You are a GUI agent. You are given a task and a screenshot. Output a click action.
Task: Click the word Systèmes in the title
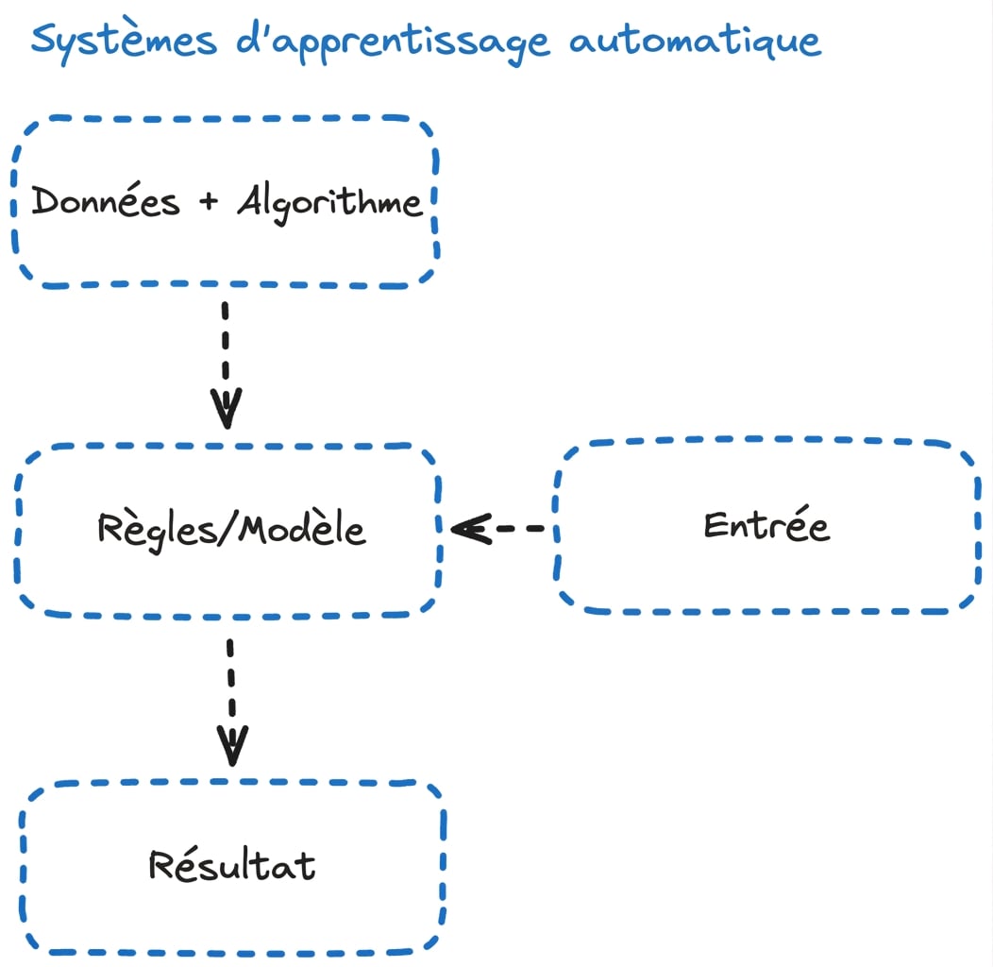[125, 42]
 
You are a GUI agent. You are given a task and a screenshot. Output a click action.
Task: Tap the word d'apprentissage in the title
[393, 42]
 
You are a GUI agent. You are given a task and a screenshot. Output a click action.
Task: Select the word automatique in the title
[695, 42]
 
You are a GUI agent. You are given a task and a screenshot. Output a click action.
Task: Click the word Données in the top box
[106, 200]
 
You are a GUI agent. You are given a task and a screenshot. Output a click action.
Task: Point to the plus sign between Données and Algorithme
[209, 201]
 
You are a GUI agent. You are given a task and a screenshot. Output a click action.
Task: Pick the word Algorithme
[329, 202]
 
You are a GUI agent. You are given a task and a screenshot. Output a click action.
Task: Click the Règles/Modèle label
[231, 530]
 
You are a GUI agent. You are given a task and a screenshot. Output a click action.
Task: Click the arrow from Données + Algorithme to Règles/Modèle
[226, 365]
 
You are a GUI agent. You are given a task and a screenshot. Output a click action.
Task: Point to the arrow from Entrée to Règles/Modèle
[497, 529]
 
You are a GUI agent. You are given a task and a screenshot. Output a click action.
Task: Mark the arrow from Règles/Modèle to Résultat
[231, 703]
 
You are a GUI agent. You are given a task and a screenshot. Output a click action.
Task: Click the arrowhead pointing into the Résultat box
[232, 746]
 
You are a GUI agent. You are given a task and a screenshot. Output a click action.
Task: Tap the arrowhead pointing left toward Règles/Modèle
[471, 529]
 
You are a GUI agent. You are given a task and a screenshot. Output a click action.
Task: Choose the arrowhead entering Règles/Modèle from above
[227, 409]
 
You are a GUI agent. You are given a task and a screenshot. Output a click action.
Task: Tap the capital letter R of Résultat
[161, 865]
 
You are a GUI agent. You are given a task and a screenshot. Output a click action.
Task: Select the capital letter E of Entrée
[715, 525]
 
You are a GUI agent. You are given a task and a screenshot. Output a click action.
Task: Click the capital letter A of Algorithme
[249, 199]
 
